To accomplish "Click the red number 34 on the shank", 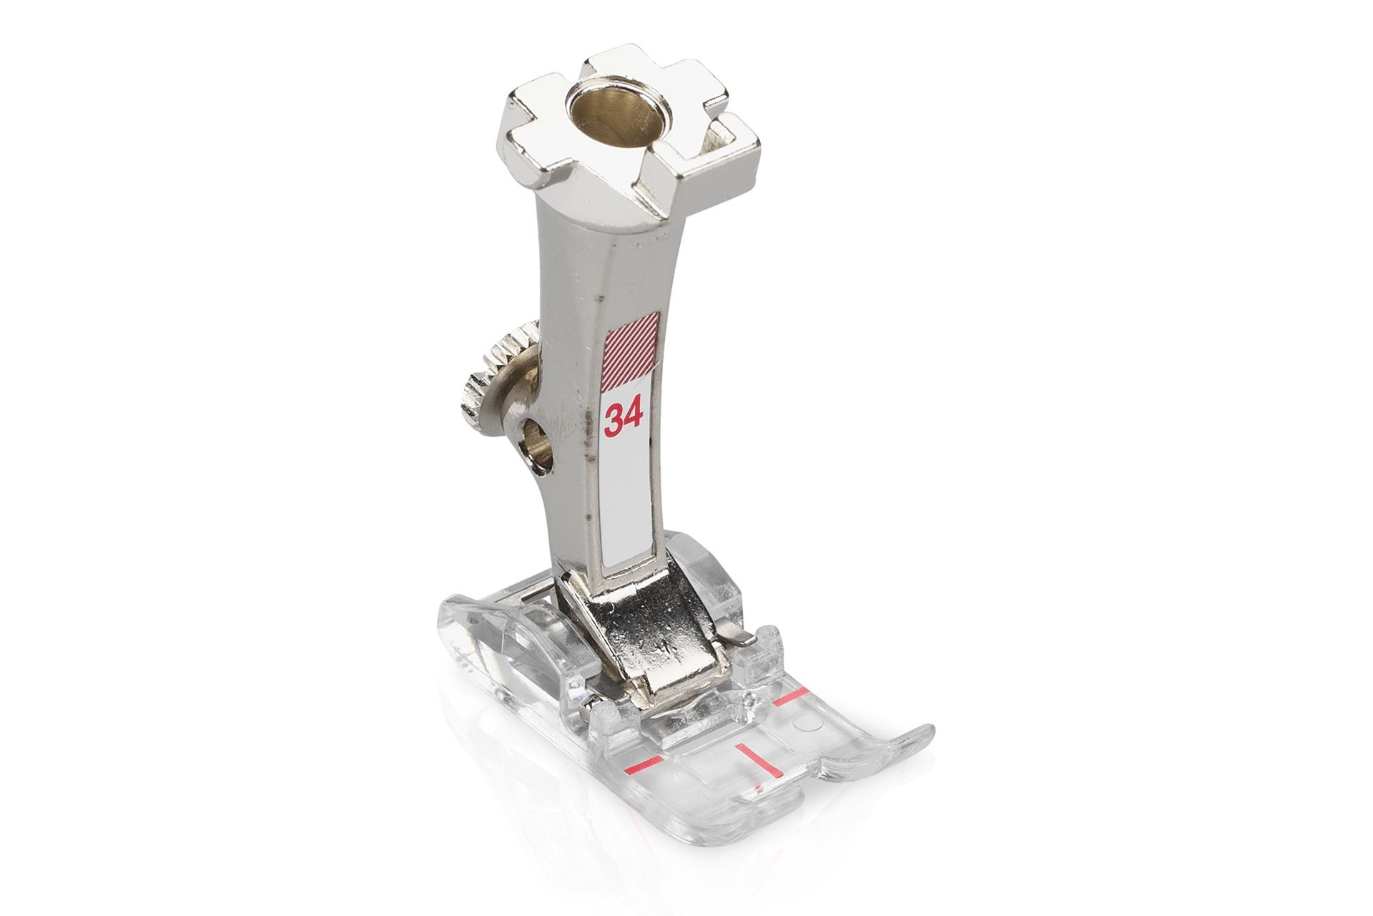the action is tap(624, 419).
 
